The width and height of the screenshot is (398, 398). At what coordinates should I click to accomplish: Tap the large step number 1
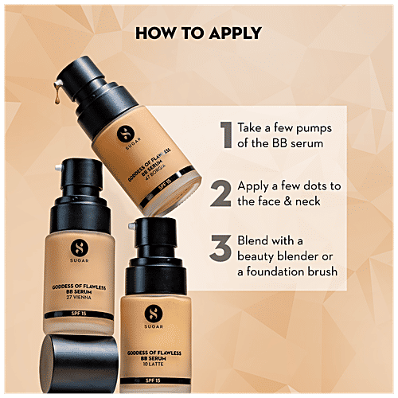tap(226, 135)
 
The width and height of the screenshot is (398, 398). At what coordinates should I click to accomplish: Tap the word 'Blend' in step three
tap(256, 240)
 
